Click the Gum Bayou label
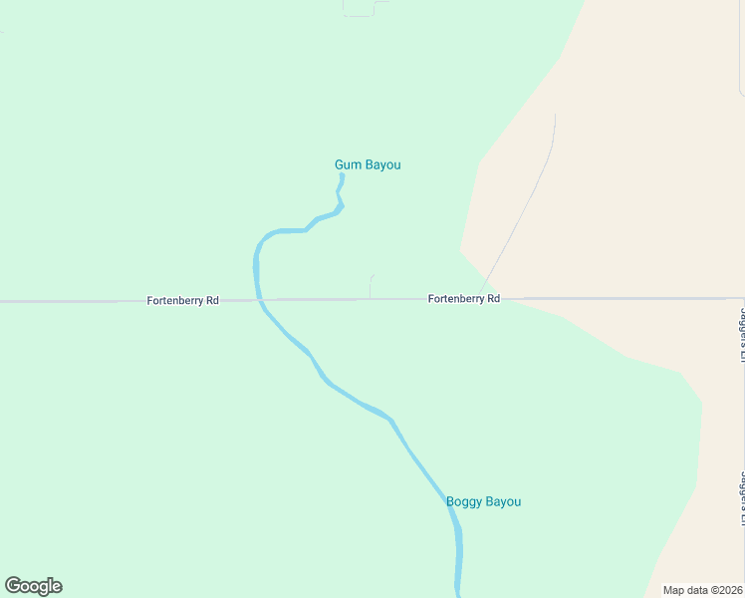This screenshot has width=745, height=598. [368, 164]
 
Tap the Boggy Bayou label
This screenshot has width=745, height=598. [483, 501]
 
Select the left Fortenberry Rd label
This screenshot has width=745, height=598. [182, 300]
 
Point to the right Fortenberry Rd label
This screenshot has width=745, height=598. [463, 298]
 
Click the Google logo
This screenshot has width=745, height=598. [33, 586]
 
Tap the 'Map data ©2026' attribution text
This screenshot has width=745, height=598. [702, 590]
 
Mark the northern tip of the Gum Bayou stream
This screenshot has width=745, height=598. [342, 175]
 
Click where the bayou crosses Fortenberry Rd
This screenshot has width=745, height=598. [258, 299]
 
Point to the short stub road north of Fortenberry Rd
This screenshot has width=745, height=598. [371, 286]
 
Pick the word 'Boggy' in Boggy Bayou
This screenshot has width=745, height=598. [463, 501]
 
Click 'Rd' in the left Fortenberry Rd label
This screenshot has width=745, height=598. [211, 300]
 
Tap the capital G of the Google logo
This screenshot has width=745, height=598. [13, 586]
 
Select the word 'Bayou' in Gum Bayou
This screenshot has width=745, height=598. [381, 164]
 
